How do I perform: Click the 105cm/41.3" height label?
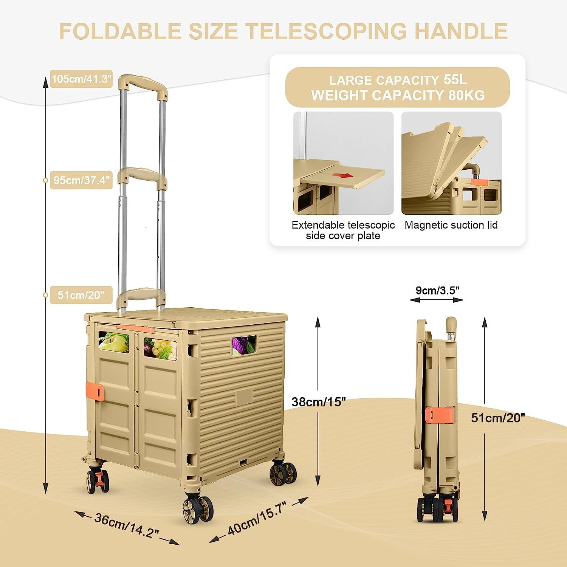(x=82, y=79)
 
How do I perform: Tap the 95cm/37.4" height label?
(x=82, y=180)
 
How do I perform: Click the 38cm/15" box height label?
(x=319, y=401)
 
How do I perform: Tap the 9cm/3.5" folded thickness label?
(x=437, y=290)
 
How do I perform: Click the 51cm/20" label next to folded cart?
(x=498, y=418)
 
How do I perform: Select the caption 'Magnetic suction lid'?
(x=451, y=225)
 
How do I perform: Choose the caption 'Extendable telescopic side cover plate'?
(x=343, y=230)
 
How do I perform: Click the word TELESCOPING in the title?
(x=326, y=31)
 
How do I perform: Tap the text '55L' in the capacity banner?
(x=455, y=80)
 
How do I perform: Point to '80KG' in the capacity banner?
(x=466, y=95)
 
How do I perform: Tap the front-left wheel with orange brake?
(x=98, y=481)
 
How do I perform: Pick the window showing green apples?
(x=114, y=342)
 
